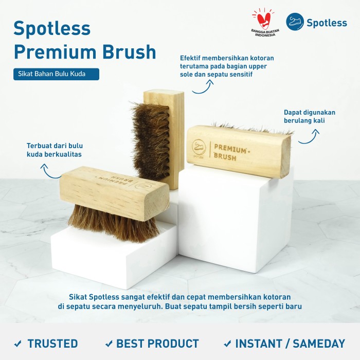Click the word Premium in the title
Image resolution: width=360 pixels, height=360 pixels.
point(55,52)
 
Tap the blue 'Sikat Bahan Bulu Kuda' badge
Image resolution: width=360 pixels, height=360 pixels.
point(56,74)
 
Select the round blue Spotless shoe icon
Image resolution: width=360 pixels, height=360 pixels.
point(295,22)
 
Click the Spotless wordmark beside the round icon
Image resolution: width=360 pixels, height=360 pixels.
point(327,23)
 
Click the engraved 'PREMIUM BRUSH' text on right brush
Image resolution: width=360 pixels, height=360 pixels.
point(231,152)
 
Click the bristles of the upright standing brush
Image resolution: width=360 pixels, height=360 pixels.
point(152,140)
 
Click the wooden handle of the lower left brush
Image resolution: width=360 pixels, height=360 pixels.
point(114,192)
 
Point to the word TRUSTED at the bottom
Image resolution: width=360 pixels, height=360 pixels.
point(52,344)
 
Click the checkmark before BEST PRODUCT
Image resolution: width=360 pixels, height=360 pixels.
point(109,344)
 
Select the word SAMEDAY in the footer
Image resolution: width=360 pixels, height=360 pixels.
point(319,344)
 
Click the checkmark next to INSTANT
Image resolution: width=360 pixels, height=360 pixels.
point(227,344)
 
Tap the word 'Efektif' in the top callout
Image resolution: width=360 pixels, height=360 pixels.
point(190,58)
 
